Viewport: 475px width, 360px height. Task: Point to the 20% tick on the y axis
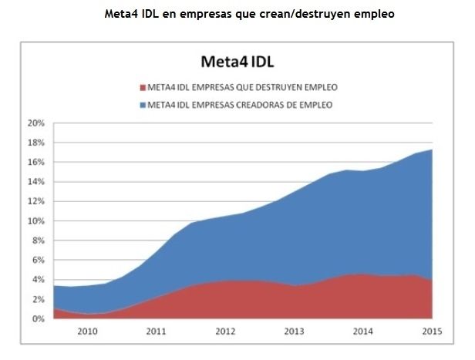[x=35, y=123]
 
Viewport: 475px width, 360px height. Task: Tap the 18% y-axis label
[x=35, y=143]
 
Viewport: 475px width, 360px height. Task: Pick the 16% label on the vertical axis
[x=35, y=163]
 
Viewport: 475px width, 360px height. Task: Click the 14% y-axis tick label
[x=35, y=182]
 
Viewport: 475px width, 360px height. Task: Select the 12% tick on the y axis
[x=35, y=202]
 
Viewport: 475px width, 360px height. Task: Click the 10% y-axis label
[x=35, y=221]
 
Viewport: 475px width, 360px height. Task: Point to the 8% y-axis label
[x=38, y=241]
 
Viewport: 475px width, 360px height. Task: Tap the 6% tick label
[x=38, y=261]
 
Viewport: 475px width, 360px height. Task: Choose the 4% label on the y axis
[x=38, y=280]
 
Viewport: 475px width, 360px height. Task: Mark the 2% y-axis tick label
[x=38, y=299]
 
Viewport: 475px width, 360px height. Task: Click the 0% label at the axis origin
[x=38, y=319]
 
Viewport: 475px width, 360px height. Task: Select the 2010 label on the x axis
[x=87, y=331]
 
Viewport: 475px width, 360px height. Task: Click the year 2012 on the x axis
[x=225, y=331]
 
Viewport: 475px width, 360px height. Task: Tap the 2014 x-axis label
[x=362, y=331]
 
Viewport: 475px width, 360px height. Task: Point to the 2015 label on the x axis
[x=432, y=331]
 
